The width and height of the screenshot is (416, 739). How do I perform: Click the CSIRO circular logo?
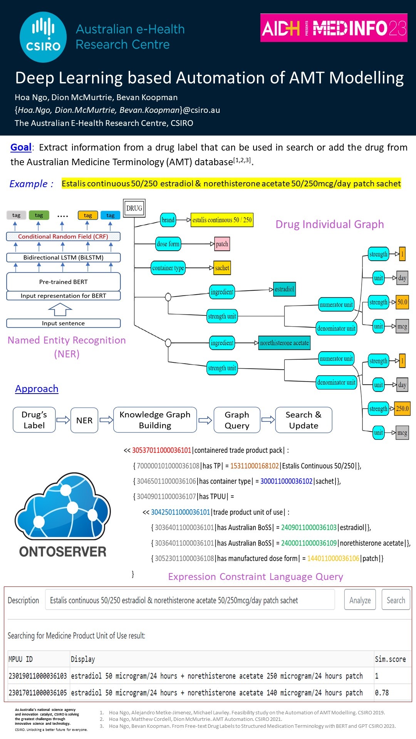click(x=43, y=37)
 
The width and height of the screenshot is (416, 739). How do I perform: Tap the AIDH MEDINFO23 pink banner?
click(x=334, y=28)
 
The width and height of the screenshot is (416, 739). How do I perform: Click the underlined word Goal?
click(x=21, y=147)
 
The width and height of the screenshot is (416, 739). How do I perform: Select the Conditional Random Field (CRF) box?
click(x=63, y=236)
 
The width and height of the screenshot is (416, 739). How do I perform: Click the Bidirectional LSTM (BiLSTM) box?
click(x=63, y=257)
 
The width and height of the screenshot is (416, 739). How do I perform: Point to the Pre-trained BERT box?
click(x=63, y=282)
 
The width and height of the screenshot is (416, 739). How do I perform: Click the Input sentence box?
click(x=63, y=323)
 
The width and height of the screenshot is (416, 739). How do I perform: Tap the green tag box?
click(x=39, y=215)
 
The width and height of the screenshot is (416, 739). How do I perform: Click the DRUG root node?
click(x=134, y=208)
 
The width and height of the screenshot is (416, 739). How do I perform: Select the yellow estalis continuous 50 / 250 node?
click(x=222, y=220)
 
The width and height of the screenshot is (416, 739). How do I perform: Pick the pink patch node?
click(x=222, y=244)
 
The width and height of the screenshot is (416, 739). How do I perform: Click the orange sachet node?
click(x=222, y=268)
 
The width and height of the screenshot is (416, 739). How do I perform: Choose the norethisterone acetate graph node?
click(x=284, y=343)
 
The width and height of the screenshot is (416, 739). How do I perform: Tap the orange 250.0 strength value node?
click(x=402, y=409)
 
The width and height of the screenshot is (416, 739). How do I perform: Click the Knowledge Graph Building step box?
click(x=155, y=420)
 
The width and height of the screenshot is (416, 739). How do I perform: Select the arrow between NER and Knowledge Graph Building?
click(x=106, y=420)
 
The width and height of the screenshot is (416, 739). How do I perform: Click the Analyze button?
click(x=360, y=600)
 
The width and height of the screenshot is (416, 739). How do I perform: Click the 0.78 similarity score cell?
click(x=382, y=693)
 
